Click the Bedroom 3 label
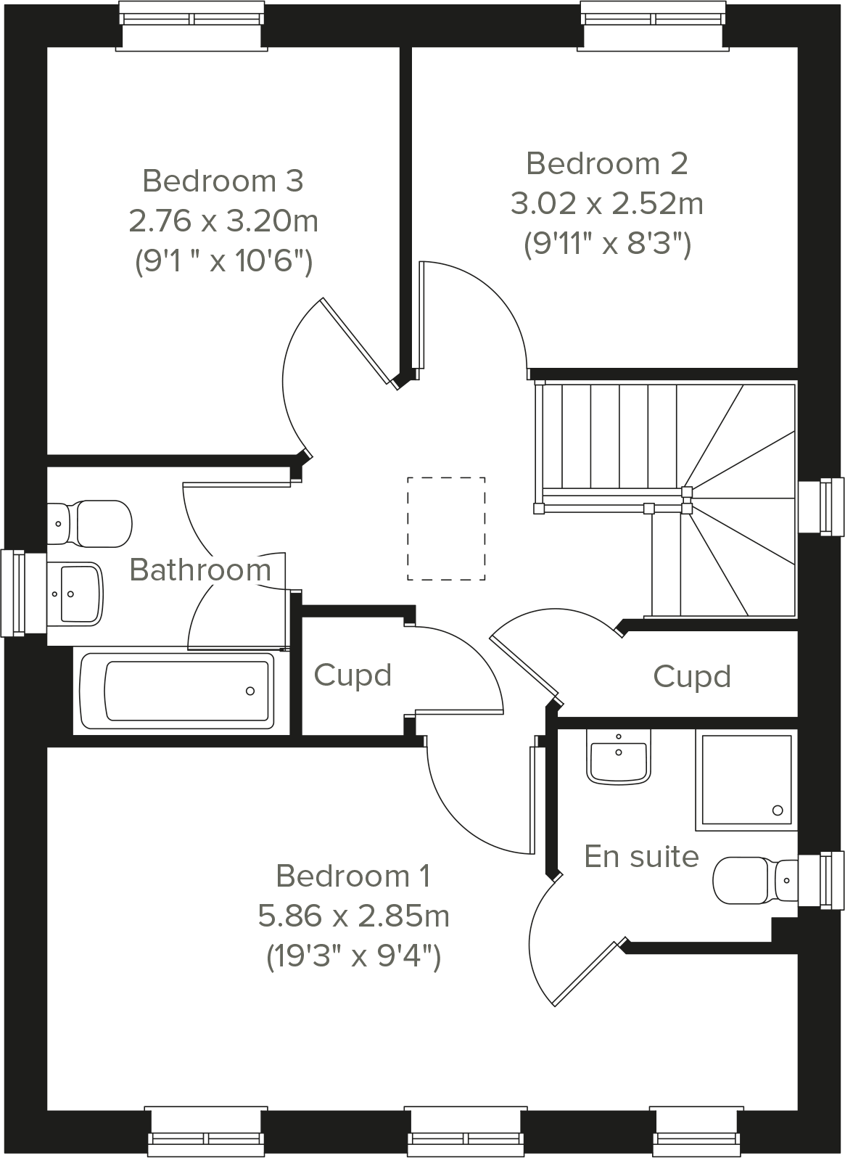223,181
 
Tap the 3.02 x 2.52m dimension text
606,204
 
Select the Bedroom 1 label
353,876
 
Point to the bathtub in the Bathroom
178,691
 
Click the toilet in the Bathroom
91,522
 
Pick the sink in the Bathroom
76,593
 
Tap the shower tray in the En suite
746,780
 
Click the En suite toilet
754,880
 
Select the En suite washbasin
618,757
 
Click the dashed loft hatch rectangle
446,528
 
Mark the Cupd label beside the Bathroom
353,675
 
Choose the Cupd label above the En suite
691,677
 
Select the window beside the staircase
823,506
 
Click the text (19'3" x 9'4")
353,956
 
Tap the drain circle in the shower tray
778,810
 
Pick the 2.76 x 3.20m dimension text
223,221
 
